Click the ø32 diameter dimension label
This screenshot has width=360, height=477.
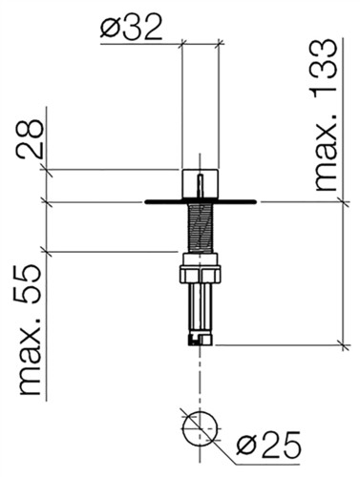pyautogui.click(x=131, y=28)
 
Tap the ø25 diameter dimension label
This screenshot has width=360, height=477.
pyautogui.click(x=268, y=445)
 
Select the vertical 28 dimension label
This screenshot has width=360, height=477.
pyautogui.click(x=30, y=139)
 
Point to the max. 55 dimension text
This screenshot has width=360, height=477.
pyautogui.click(x=30, y=330)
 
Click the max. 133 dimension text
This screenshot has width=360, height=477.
pyautogui.click(x=326, y=115)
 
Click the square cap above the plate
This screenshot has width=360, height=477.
pyautogui.click(x=200, y=185)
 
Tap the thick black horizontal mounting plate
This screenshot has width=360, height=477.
pyautogui.click(x=200, y=201)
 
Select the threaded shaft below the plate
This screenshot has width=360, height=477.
pyautogui.click(x=200, y=228)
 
